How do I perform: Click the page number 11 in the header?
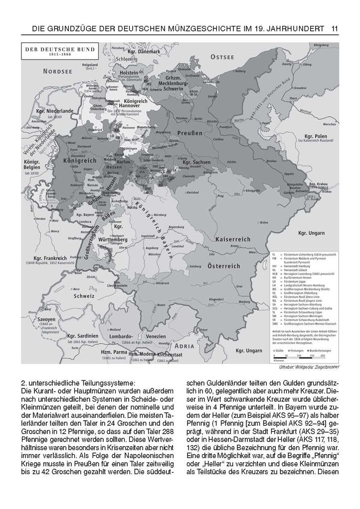[x=335, y=29]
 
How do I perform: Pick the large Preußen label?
[x=189, y=133]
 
